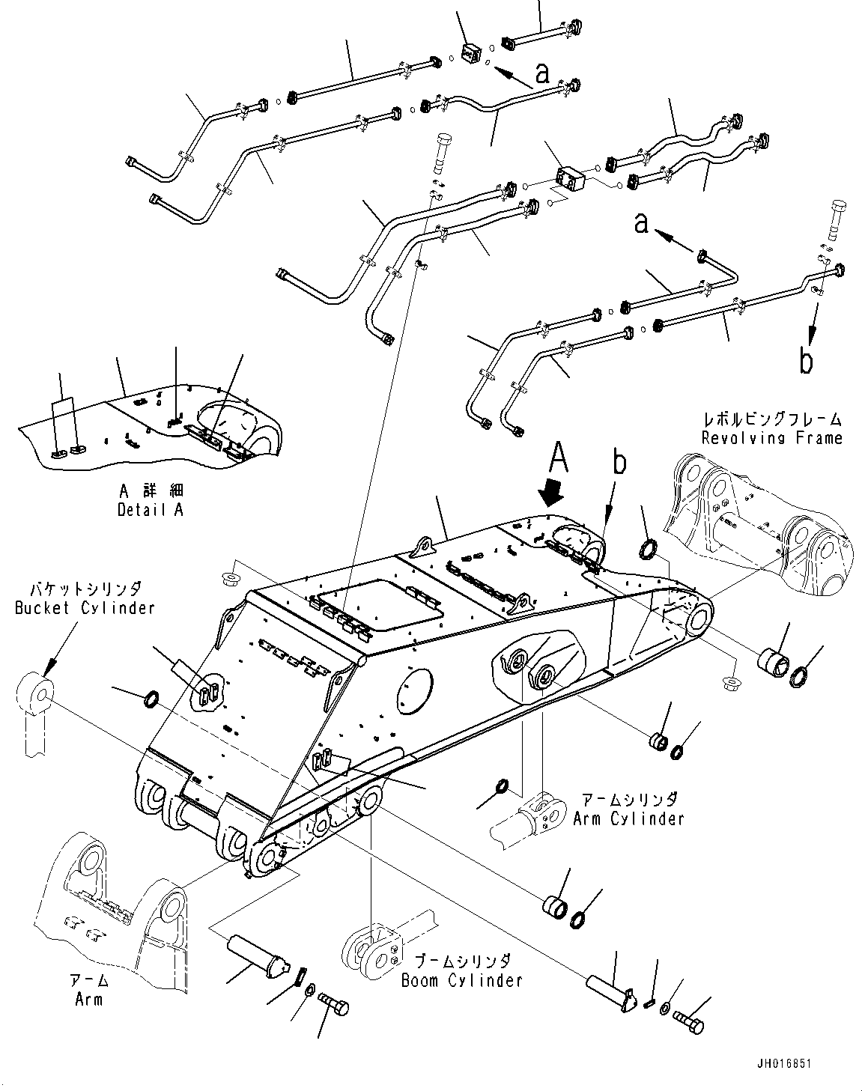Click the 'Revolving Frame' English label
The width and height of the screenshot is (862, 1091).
[771, 437]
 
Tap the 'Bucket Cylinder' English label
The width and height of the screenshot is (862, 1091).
[84, 607]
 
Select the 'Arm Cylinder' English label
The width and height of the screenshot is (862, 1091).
[628, 818]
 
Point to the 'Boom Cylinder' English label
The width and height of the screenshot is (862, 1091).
[461, 979]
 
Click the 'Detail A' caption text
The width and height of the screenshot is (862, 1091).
[150, 510]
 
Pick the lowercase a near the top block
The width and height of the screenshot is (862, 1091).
[542, 73]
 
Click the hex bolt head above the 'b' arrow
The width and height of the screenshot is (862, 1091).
[838, 213]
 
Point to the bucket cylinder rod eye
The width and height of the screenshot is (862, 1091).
[35, 692]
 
